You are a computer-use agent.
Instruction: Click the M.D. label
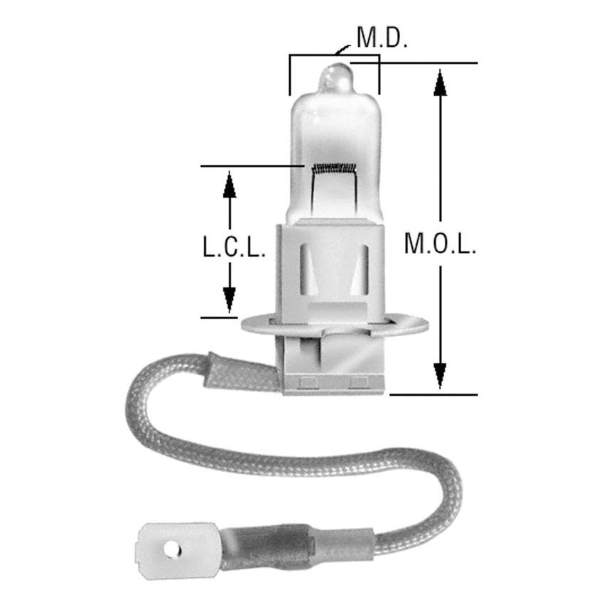(382, 38)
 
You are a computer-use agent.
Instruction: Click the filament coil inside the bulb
(333, 168)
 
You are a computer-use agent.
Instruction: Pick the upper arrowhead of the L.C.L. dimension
(229, 184)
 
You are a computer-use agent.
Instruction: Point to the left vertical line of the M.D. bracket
(289, 75)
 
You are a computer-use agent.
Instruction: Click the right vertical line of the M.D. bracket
(379, 75)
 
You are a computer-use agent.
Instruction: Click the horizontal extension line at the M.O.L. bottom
(433, 393)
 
